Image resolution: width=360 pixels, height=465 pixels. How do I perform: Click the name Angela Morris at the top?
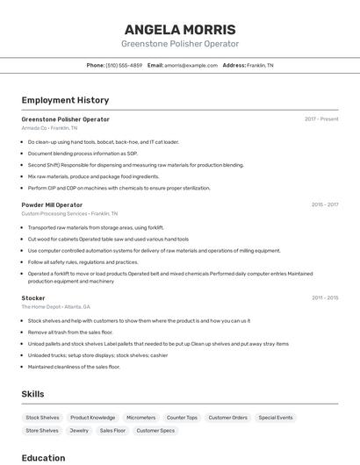[x=179, y=29]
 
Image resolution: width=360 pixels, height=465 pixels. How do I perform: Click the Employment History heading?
[x=65, y=100]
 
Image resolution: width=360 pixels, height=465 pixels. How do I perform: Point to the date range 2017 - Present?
[x=321, y=119]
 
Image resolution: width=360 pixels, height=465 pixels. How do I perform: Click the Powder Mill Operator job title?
[x=52, y=204]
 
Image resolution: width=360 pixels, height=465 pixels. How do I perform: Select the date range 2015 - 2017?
[x=324, y=204]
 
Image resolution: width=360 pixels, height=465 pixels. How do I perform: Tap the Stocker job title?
[x=33, y=298]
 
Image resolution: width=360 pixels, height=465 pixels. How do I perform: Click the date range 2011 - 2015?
[x=324, y=298]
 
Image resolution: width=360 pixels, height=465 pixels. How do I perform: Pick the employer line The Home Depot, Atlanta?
[x=55, y=307]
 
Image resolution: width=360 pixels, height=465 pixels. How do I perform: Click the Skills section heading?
[x=32, y=394]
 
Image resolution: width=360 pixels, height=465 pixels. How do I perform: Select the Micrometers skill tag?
[x=140, y=418]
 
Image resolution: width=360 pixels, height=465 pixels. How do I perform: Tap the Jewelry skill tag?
[x=79, y=431]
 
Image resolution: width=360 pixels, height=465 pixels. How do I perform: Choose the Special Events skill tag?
[x=276, y=418]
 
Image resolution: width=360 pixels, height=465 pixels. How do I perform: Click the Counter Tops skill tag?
[x=182, y=418]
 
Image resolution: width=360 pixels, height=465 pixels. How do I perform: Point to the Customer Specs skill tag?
[x=155, y=431]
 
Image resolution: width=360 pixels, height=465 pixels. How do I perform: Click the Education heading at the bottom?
[x=43, y=457]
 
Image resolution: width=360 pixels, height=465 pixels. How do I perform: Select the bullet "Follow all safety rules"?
[x=83, y=261]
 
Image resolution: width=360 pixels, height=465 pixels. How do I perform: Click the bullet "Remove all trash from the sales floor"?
[x=70, y=333]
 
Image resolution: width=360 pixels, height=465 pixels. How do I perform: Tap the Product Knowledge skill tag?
[x=92, y=418]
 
